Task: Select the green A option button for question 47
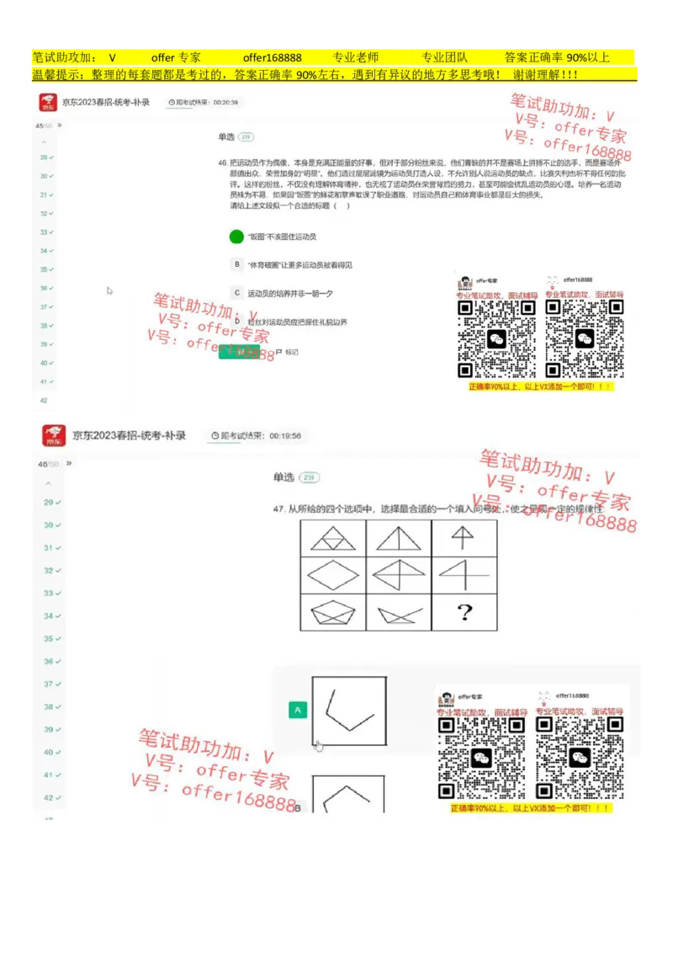(x=296, y=711)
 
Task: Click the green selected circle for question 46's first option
(x=236, y=237)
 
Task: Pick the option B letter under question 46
(x=237, y=264)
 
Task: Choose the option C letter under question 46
(x=237, y=293)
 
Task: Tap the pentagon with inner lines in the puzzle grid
(x=332, y=612)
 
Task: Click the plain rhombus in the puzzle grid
(x=332, y=575)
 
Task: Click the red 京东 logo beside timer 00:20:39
(x=48, y=103)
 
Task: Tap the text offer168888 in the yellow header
(x=272, y=57)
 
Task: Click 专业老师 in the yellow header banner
(x=355, y=57)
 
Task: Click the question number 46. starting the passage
(x=222, y=162)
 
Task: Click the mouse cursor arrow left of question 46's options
(x=109, y=291)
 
